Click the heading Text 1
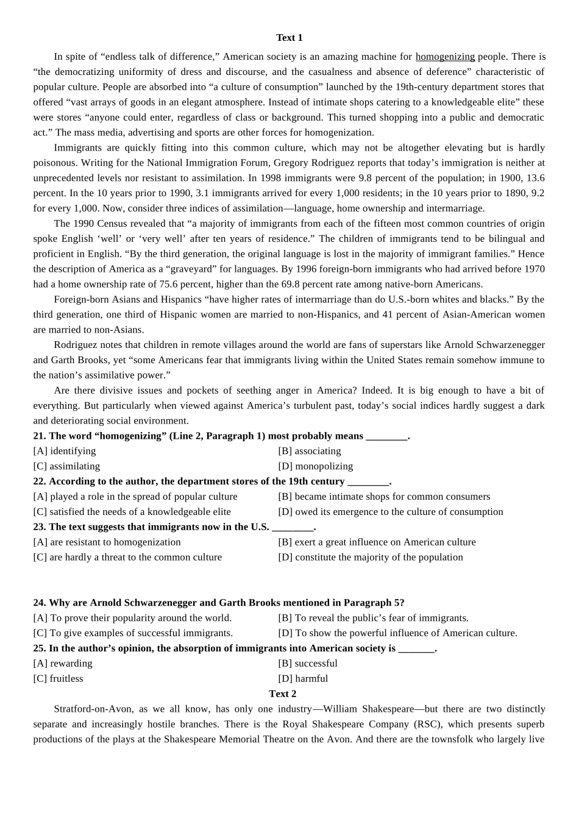coord(289,38)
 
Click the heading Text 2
coord(282,693)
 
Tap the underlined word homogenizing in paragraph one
coord(445,57)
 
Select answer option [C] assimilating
coord(66,466)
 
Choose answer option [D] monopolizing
coord(315,466)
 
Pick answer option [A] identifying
coord(65,451)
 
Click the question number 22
coord(39,481)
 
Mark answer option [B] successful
coord(308,663)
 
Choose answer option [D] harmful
coord(303,678)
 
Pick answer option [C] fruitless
coord(58,678)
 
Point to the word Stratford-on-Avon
coord(93,709)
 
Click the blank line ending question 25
coord(416,649)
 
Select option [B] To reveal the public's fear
coord(373,618)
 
